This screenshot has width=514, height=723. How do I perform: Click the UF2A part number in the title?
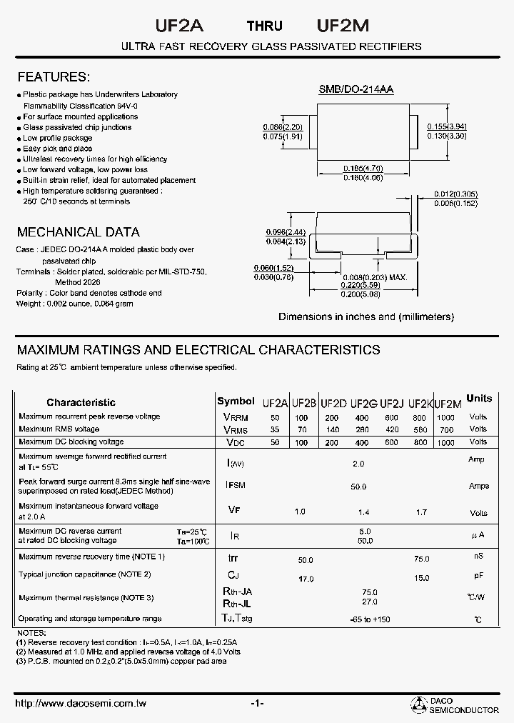click(x=179, y=25)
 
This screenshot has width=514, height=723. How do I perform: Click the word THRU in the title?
click(x=264, y=26)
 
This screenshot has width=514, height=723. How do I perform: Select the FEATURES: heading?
click(x=53, y=77)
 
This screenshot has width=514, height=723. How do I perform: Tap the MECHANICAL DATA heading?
click(x=78, y=232)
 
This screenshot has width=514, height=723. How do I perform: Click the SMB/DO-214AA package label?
click(x=356, y=89)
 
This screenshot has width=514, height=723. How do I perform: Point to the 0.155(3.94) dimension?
click(x=447, y=126)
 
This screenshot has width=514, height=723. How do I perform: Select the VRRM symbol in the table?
click(x=236, y=417)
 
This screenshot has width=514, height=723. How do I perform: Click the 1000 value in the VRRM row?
click(x=445, y=417)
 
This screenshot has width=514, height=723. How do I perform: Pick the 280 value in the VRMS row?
click(x=362, y=430)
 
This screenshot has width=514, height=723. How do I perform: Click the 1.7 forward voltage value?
click(x=421, y=512)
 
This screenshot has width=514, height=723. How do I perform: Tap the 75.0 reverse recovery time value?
click(x=421, y=559)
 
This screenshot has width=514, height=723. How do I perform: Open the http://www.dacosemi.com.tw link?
click(x=81, y=704)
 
